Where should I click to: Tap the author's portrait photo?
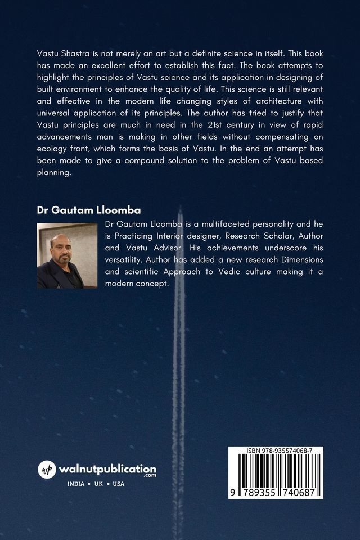[x=67, y=255]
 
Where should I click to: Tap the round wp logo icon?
[x=47, y=469]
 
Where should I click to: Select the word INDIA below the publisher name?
[x=76, y=484]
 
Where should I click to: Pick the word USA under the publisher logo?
[x=119, y=484]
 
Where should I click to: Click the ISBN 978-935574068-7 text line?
[x=276, y=451]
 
